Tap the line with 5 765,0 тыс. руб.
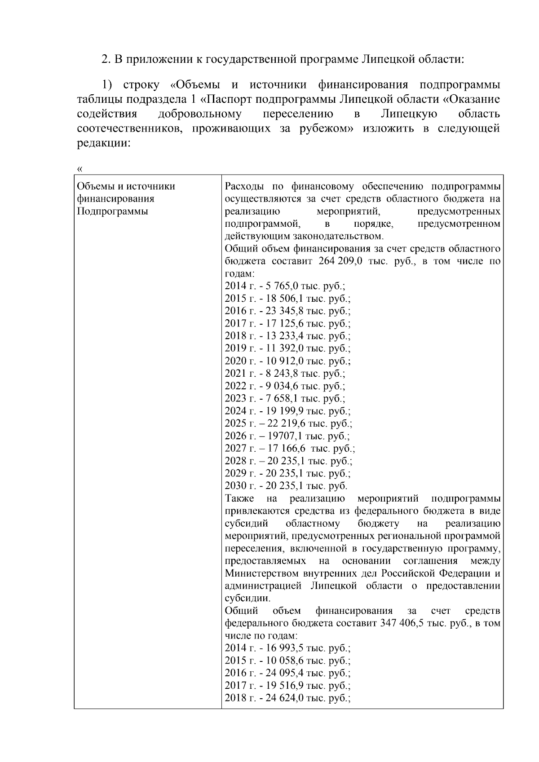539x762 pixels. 284,286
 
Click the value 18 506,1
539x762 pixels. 284,299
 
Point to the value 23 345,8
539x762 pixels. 284,311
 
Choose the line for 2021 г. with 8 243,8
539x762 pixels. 284,373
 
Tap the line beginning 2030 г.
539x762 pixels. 286,485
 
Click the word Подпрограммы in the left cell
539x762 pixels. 112,211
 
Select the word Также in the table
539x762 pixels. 239,498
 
